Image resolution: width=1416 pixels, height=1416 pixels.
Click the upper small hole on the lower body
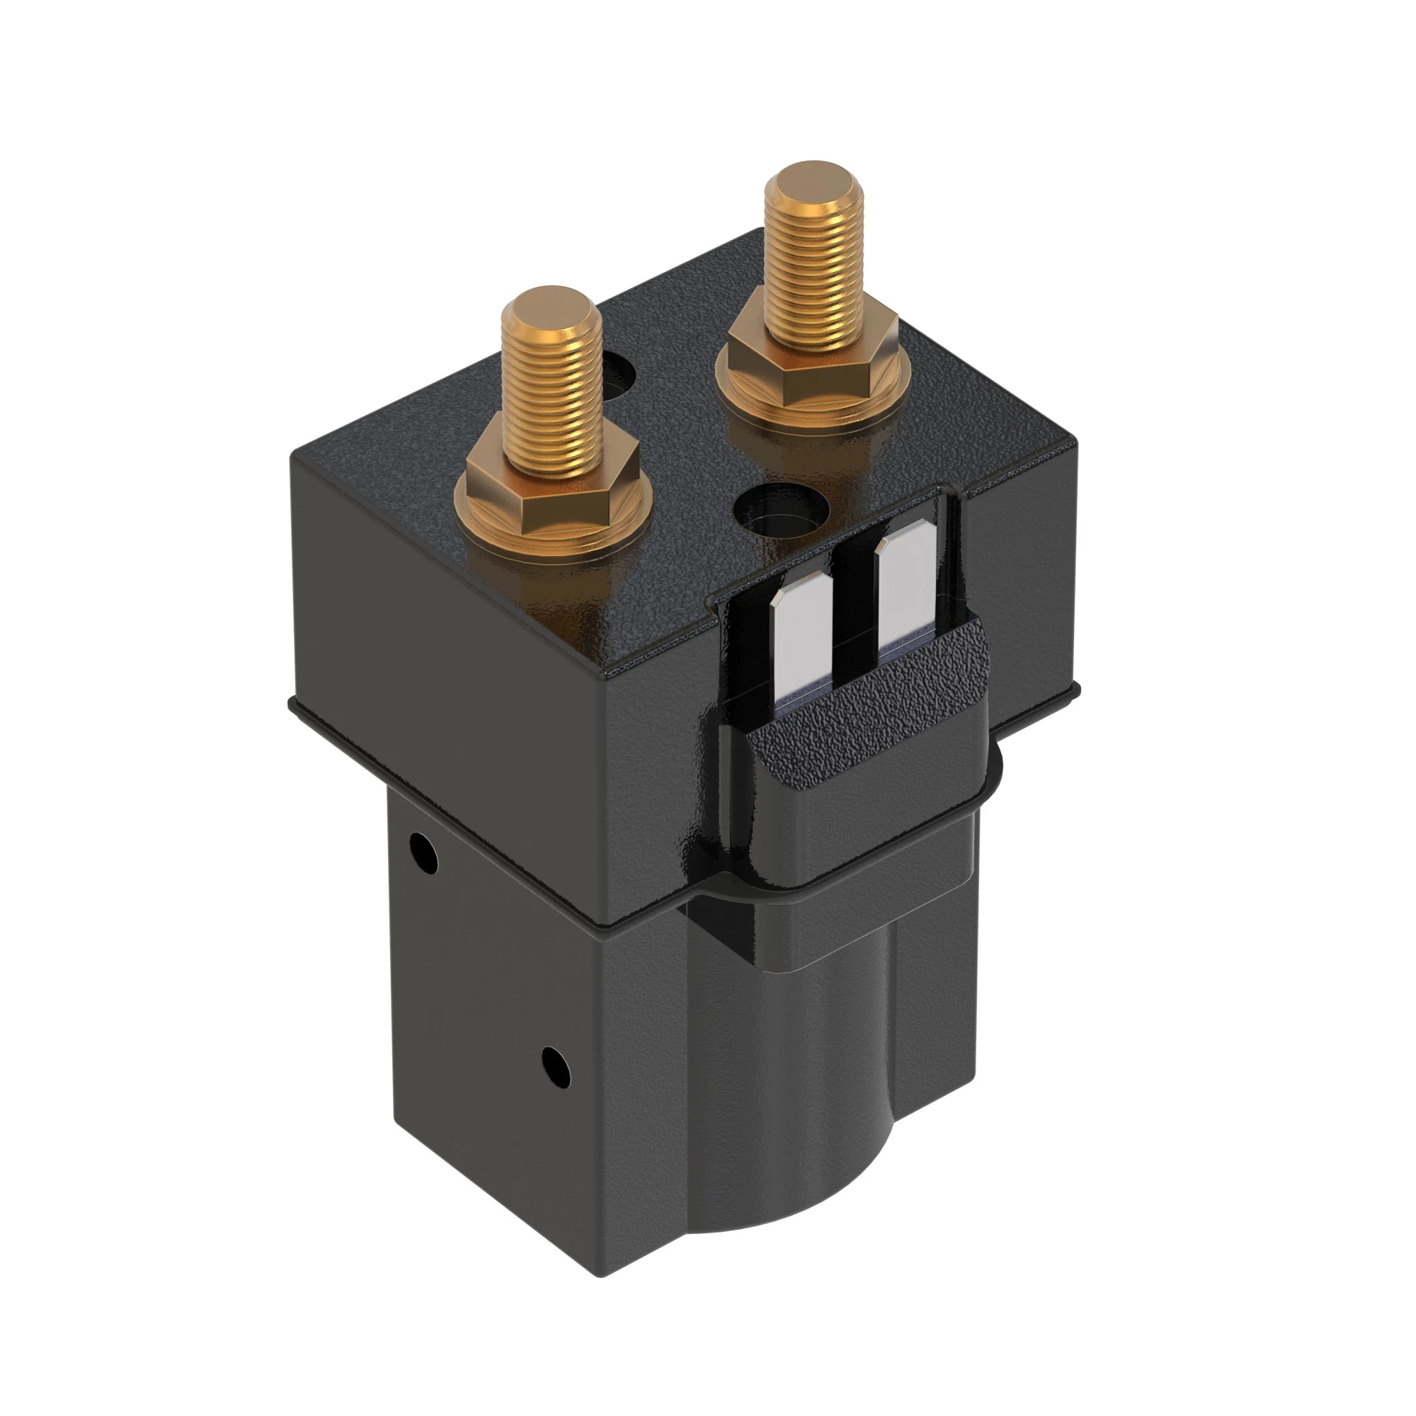[x=423, y=852]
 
